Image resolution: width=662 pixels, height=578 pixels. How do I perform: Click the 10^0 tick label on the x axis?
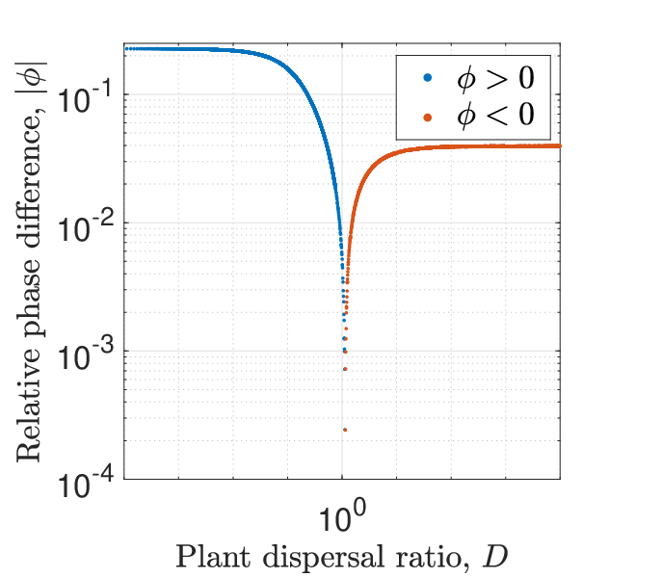click(x=342, y=515)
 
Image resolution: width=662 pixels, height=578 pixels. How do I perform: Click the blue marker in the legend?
click(x=428, y=78)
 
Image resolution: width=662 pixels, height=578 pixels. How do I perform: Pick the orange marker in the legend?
click(x=428, y=118)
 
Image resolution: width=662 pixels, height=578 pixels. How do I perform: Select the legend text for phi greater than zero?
click(x=495, y=78)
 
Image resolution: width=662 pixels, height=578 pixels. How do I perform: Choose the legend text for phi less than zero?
click(x=495, y=115)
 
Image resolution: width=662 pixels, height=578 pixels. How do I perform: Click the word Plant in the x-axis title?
click(x=213, y=557)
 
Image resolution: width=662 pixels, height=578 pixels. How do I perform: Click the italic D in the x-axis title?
click(x=494, y=557)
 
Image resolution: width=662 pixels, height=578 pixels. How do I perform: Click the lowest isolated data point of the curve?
click(x=345, y=430)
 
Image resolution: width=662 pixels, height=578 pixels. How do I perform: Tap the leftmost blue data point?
click(x=126, y=49)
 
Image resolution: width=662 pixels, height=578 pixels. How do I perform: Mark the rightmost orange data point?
click(x=559, y=146)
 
